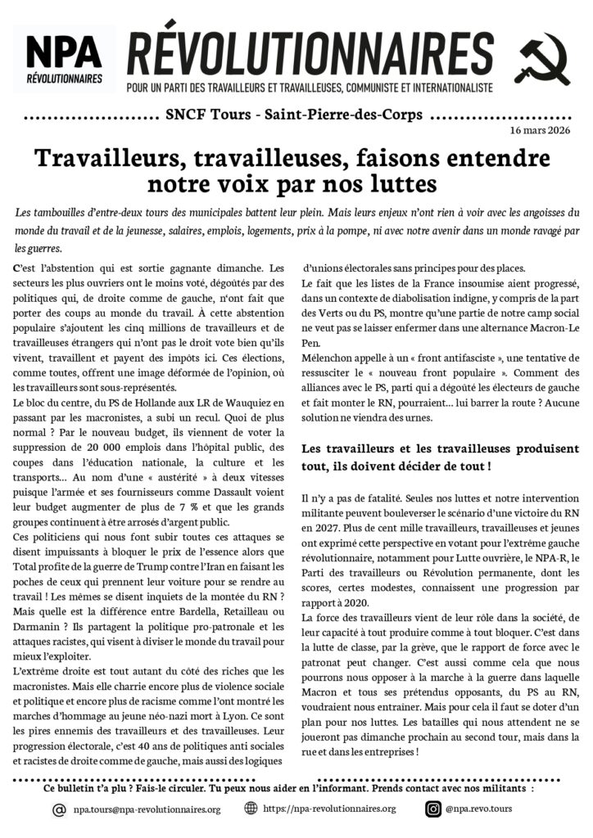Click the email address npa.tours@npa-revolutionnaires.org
(x=147, y=809)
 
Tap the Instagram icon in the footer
(x=433, y=809)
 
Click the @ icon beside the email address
(x=59, y=809)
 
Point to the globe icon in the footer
(x=251, y=809)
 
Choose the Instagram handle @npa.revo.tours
(x=481, y=809)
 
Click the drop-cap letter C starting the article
(x=18, y=268)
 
